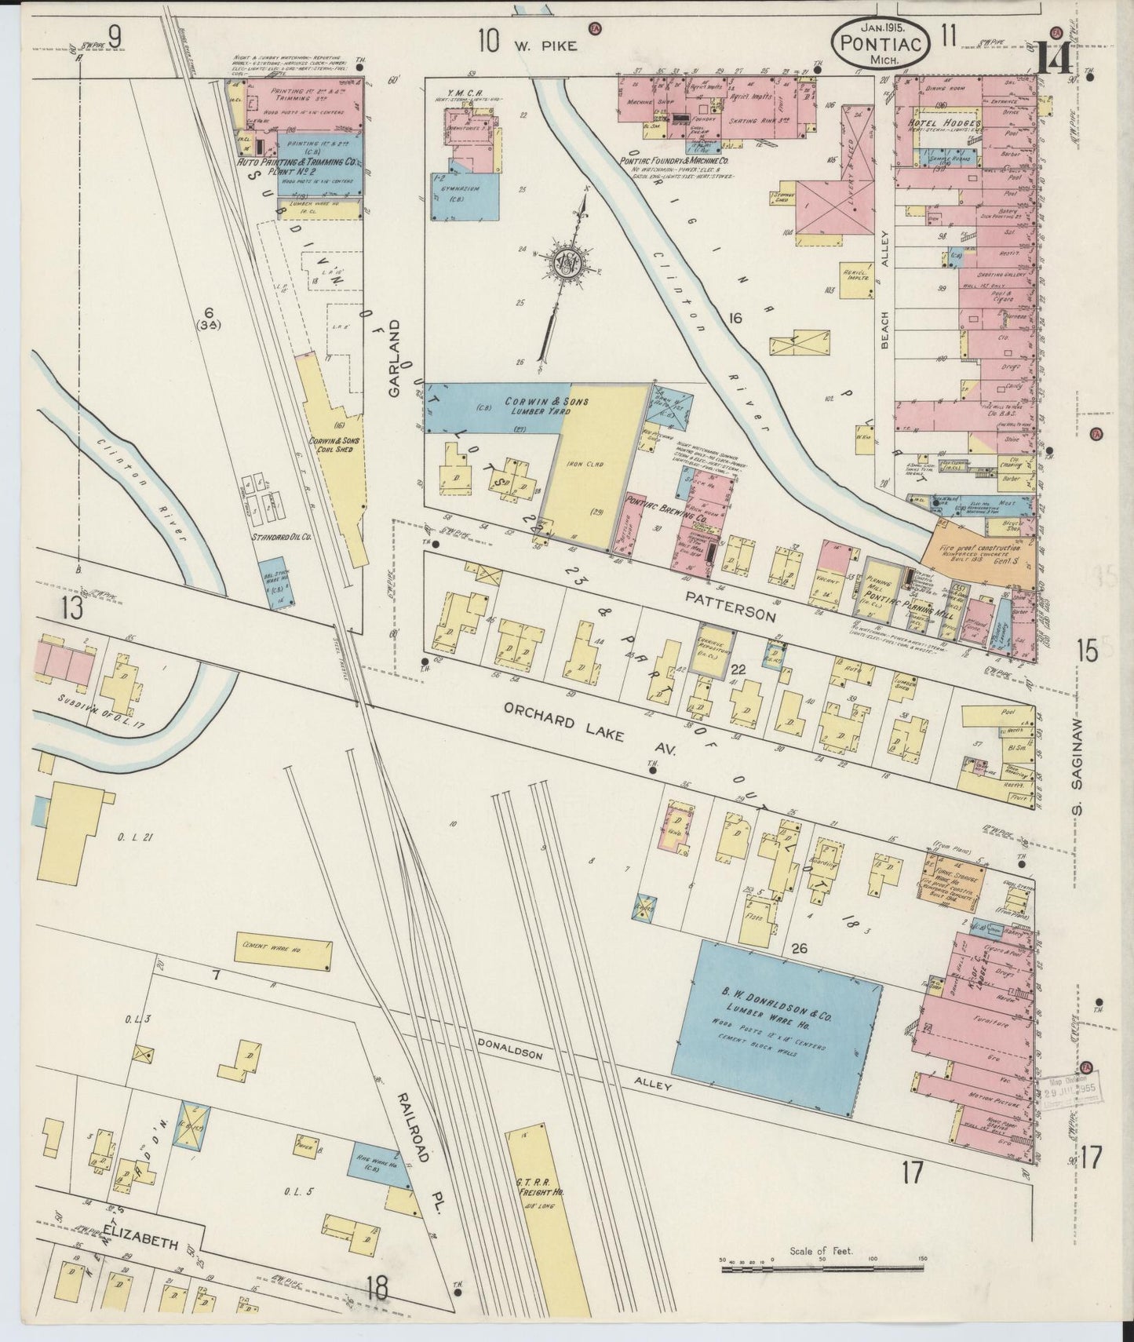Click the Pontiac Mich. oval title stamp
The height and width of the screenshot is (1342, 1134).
(x=881, y=41)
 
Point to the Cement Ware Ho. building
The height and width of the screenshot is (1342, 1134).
(x=280, y=954)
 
